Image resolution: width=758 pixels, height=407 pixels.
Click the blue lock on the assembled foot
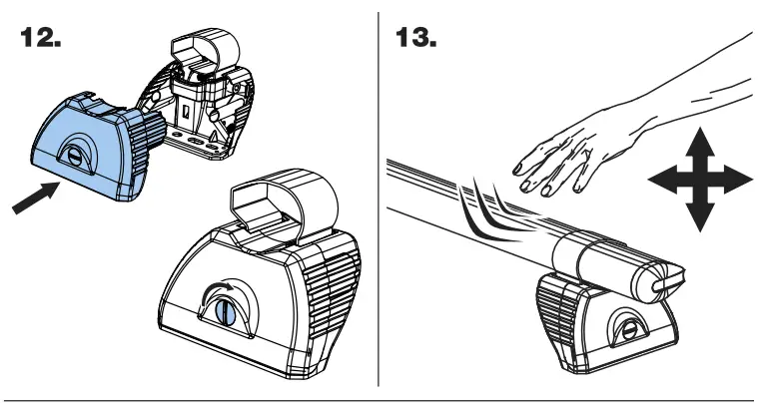[227, 310]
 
